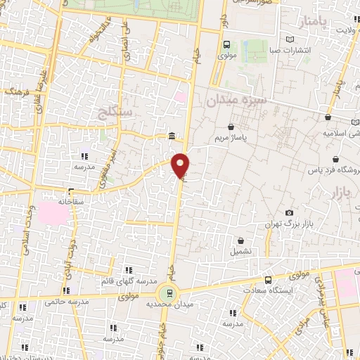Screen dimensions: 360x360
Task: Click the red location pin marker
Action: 181,164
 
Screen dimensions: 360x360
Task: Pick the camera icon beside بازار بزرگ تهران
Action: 289,212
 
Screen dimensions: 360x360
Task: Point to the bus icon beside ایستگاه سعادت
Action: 267,278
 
